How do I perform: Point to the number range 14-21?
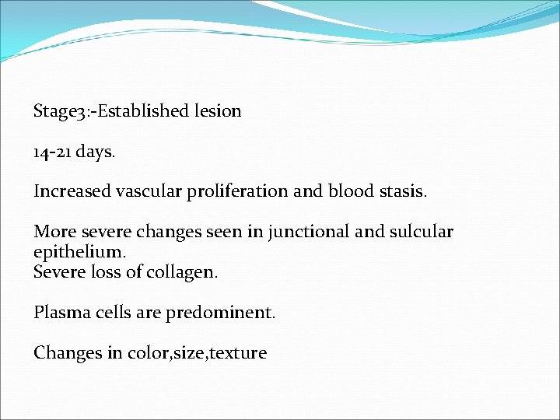[53, 152]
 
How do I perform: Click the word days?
[96, 152]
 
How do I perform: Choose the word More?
[51, 232]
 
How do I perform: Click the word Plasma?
[59, 313]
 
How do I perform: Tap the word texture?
[238, 353]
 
